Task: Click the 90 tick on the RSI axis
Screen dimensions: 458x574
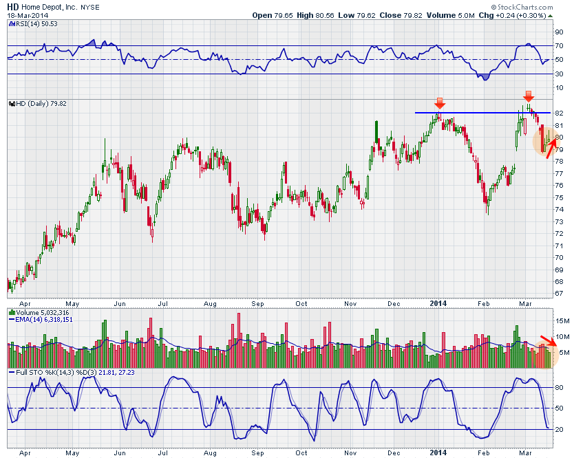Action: click(559, 32)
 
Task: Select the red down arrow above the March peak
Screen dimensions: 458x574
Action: click(528, 96)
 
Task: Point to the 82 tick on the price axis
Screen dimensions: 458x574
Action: click(559, 113)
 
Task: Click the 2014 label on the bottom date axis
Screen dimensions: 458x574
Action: click(438, 452)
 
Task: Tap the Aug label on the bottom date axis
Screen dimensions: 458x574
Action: click(211, 452)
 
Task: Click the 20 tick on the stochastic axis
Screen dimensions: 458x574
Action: click(559, 429)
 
